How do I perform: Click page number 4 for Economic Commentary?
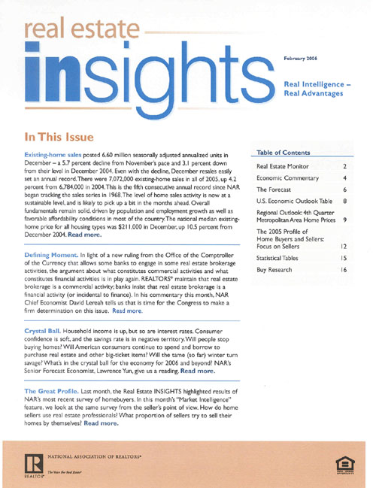click(344, 178)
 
